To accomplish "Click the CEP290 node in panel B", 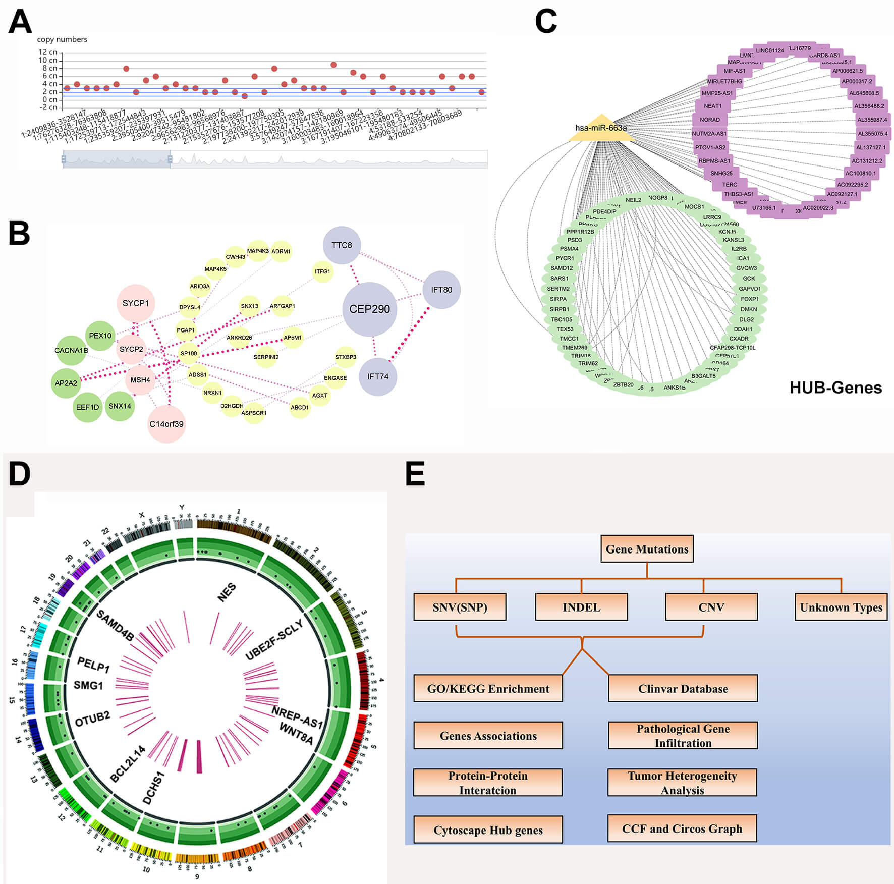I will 369,309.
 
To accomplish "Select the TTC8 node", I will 342,245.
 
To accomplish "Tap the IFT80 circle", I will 441,290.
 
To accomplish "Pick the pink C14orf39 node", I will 166,424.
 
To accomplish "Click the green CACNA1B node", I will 71,350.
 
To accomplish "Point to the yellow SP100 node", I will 189,353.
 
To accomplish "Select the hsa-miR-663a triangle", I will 601,129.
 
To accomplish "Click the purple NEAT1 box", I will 712,106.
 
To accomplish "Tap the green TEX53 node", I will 565,329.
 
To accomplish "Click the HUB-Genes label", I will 835,388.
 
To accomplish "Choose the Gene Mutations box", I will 647,549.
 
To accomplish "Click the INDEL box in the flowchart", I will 581,607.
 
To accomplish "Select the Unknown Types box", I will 841,607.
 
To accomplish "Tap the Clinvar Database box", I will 683,689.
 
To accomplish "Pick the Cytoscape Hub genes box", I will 488,830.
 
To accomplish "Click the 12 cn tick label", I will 48,52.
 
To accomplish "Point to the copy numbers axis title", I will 62,39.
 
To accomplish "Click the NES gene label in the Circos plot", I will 227,592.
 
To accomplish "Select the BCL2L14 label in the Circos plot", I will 128,764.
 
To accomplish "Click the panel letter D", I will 19,474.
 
